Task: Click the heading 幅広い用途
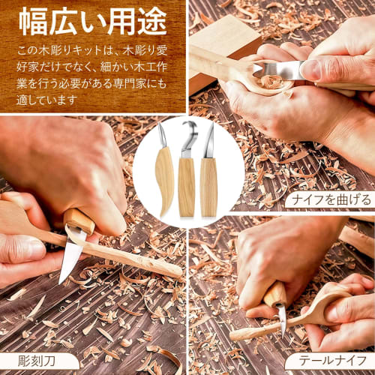pyautogui.click(x=92, y=23)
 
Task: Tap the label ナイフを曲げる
pyautogui.click(x=328, y=199)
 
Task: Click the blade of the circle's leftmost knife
pyautogui.click(x=163, y=136)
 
